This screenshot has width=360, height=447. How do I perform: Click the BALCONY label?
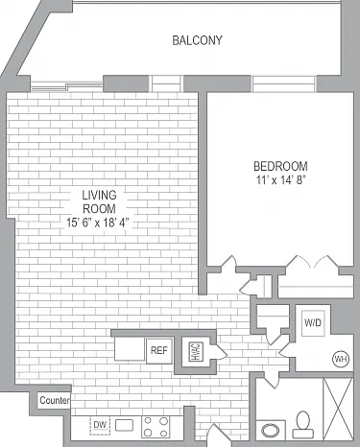click(197, 40)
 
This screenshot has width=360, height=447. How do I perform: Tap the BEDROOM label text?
click(280, 166)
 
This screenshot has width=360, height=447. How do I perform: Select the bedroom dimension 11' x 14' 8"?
click(280, 180)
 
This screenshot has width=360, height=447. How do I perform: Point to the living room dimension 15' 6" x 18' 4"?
click(99, 223)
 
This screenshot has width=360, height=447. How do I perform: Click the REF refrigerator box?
click(159, 351)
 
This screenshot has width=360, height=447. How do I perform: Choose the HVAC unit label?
click(196, 352)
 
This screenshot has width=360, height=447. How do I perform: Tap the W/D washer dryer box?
click(313, 323)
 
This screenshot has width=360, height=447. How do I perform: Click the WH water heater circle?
click(341, 359)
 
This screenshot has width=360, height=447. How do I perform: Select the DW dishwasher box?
click(100, 425)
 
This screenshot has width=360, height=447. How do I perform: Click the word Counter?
click(55, 400)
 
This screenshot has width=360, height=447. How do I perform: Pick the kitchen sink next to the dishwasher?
click(124, 425)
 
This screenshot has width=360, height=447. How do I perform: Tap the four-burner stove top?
click(156, 427)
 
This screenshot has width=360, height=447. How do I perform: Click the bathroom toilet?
click(303, 425)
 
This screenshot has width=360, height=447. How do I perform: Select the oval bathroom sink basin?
click(271, 431)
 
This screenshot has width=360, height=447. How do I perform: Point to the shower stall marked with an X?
click(338, 409)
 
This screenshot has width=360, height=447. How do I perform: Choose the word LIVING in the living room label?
click(99, 195)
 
